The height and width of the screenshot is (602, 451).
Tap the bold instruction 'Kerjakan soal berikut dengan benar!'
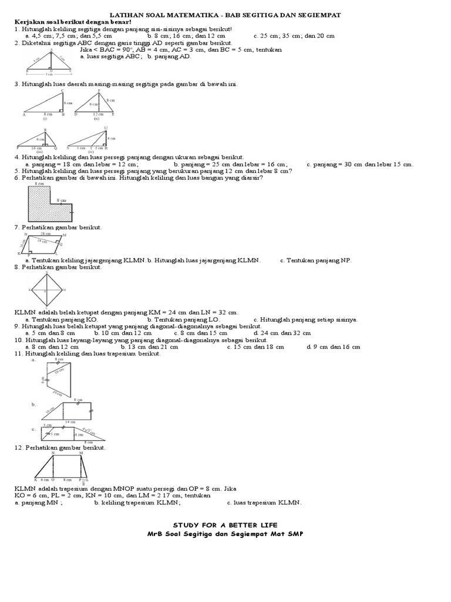tap(73, 21)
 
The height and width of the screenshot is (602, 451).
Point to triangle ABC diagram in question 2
tap(52, 63)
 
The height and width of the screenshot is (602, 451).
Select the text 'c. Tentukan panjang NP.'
tap(315, 260)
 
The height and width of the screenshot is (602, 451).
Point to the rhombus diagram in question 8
tap(48, 290)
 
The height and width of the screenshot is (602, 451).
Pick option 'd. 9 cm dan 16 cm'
tap(333, 347)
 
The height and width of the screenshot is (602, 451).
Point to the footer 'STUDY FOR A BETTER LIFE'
tap(225, 524)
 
